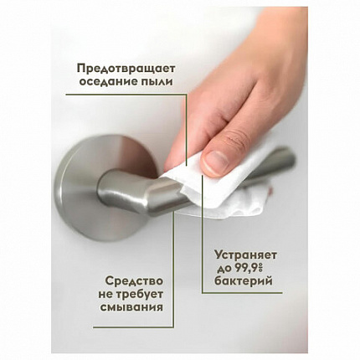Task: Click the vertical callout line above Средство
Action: point(175,243)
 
